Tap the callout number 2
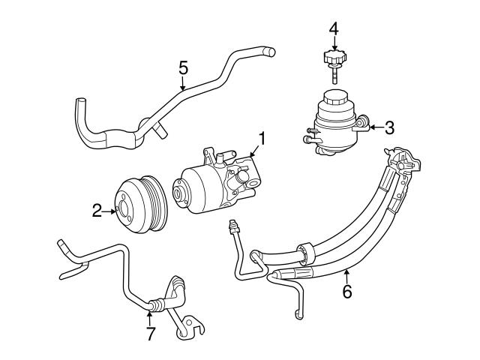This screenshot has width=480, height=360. [x=97, y=211]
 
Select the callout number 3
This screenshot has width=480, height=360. [x=388, y=127]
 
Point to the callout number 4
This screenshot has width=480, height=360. [x=334, y=29]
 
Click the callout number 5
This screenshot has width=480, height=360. [x=183, y=68]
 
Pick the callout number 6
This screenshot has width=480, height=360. [x=346, y=292]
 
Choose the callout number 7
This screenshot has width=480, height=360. [x=151, y=334]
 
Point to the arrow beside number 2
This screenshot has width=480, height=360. [x=110, y=211]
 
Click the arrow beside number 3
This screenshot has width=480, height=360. [x=373, y=127]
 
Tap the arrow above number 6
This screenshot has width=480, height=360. [x=346, y=274]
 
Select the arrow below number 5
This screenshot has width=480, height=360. [x=183, y=85]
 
